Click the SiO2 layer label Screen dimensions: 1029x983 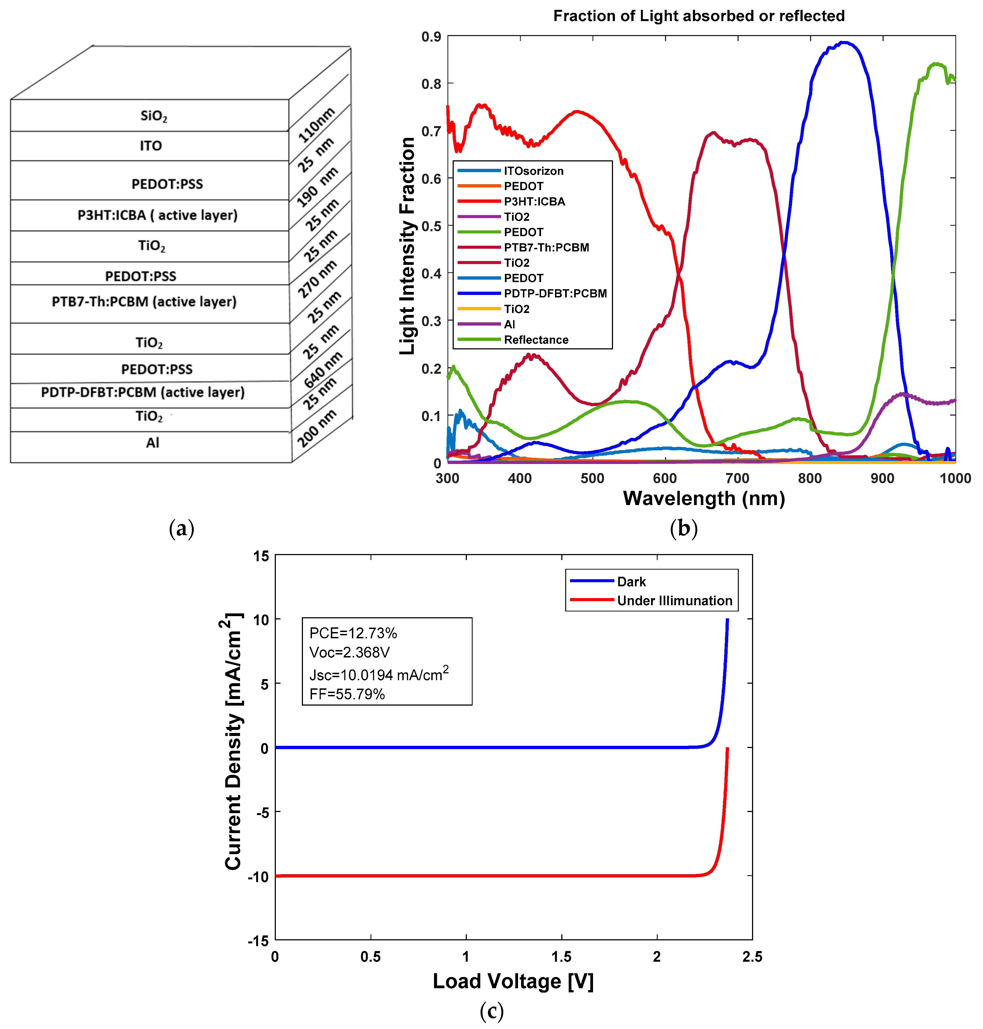click(154, 116)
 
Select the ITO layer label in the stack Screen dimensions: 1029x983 click(151, 146)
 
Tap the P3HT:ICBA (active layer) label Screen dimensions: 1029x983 click(157, 215)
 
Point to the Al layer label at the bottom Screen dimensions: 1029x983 click(152, 443)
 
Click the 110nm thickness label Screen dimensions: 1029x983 click(316, 125)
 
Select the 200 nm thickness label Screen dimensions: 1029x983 click(316, 428)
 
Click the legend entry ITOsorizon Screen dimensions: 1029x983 click(533, 171)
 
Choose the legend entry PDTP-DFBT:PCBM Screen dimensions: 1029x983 click(555, 293)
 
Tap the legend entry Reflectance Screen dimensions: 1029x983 click(536, 340)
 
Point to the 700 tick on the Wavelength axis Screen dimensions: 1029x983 click(737, 478)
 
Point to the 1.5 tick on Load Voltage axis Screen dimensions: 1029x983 click(561, 957)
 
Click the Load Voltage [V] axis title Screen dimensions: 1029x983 click(513, 981)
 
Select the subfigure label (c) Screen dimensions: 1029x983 click(492, 1011)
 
